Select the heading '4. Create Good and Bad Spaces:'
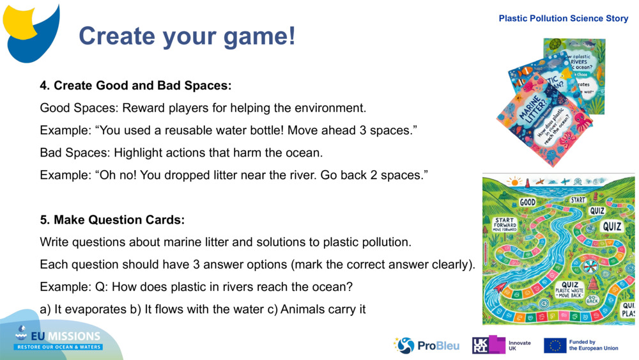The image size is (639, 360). pyautogui.click(x=135, y=86)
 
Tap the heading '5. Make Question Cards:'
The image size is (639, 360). pyautogui.click(x=112, y=220)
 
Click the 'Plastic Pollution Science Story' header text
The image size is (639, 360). pyautogui.click(x=563, y=19)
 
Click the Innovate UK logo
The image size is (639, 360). pyautogui.click(x=502, y=345)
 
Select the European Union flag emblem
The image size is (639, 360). pyautogui.click(x=555, y=345)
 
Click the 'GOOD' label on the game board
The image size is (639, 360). pyautogui.click(x=527, y=202)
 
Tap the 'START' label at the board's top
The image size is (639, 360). pyautogui.click(x=578, y=200)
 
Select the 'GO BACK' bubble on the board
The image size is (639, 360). pyautogui.click(x=592, y=299)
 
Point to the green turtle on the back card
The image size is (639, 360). pyautogui.click(x=555, y=44)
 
